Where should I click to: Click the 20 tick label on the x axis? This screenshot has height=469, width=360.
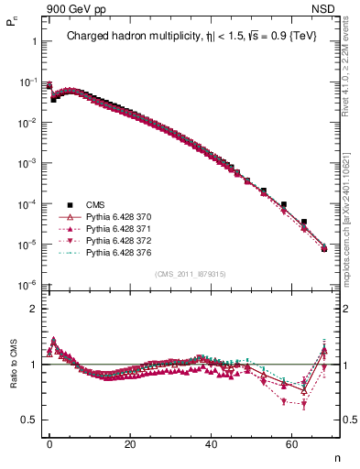coord(130,442)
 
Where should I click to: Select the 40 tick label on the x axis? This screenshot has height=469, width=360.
coord(212,442)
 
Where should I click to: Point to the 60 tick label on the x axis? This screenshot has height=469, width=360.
coord(292,442)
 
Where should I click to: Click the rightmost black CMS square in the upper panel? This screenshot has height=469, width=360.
coord(324,247)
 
